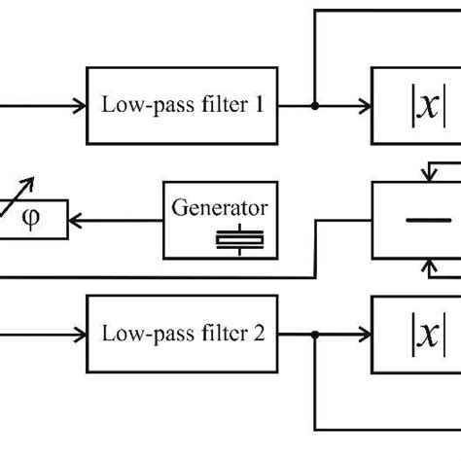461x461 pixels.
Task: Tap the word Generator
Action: [220, 207]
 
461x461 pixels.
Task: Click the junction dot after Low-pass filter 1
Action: [314, 104]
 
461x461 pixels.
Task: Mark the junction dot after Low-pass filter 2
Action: [314, 334]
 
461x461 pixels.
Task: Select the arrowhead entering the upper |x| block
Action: [365, 104]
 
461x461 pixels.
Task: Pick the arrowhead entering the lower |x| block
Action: [365, 334]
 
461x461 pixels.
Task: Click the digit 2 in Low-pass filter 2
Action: [260, 333]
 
